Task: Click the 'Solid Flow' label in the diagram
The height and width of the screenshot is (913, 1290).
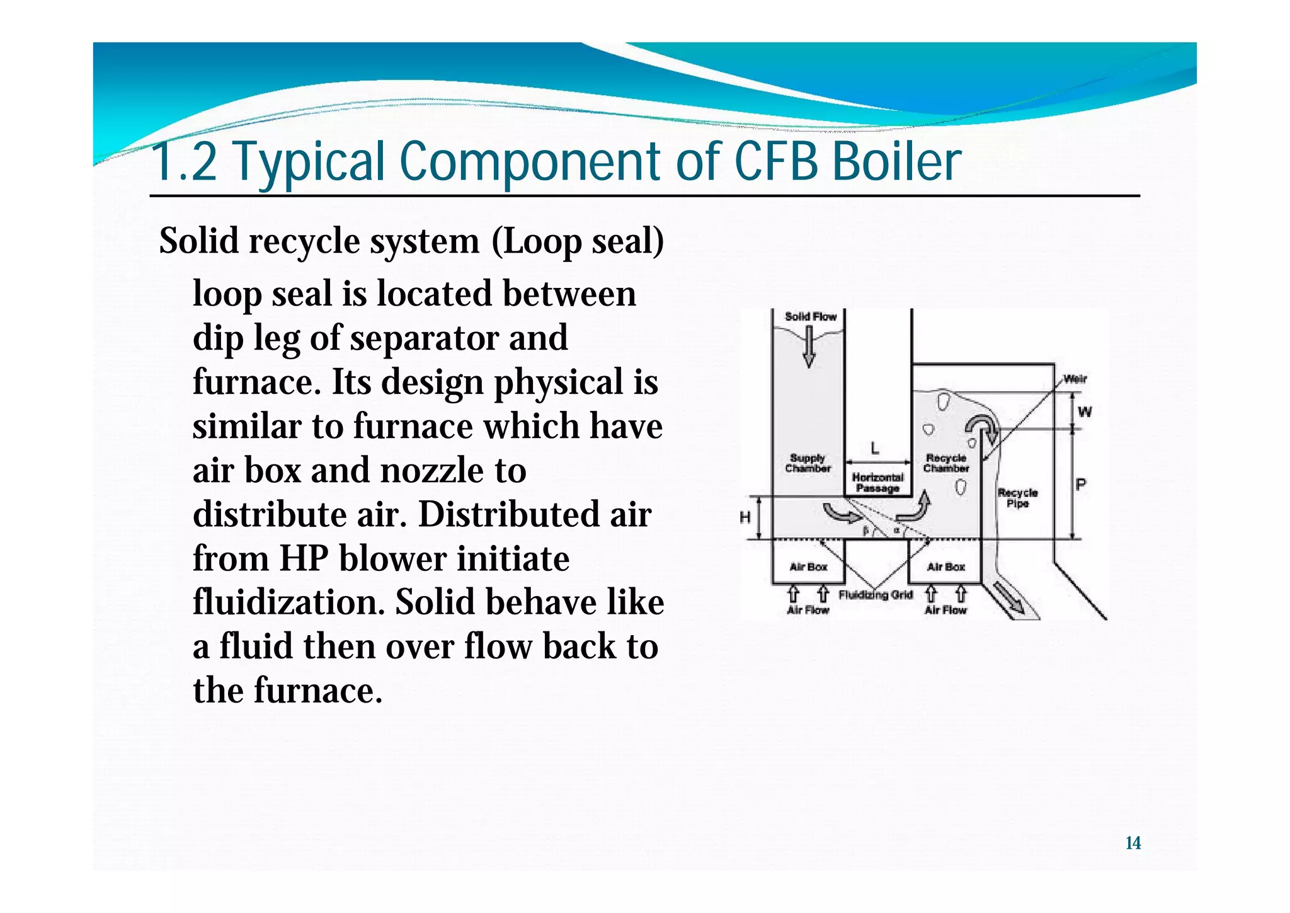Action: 810,316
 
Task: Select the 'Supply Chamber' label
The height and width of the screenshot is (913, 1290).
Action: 808,463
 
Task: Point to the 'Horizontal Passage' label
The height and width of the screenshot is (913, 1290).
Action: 877,483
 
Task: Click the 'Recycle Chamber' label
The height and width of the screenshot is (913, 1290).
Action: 946,463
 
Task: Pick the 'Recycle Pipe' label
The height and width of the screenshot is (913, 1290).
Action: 1017,498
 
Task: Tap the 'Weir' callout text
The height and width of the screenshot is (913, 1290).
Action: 1075,379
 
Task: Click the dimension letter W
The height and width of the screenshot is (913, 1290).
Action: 1085,412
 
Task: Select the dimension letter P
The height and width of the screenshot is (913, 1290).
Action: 1081,485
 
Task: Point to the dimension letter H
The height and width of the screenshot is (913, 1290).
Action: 745,518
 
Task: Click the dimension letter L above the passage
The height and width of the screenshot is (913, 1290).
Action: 875,449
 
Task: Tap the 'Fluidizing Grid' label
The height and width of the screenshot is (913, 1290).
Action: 876,595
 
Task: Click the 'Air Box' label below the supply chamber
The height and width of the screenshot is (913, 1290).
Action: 808,566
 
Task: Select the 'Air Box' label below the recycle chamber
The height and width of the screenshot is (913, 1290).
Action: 945,566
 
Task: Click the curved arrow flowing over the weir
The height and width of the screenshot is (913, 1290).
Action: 981,428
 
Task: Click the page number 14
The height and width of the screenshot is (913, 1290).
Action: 1133,843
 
